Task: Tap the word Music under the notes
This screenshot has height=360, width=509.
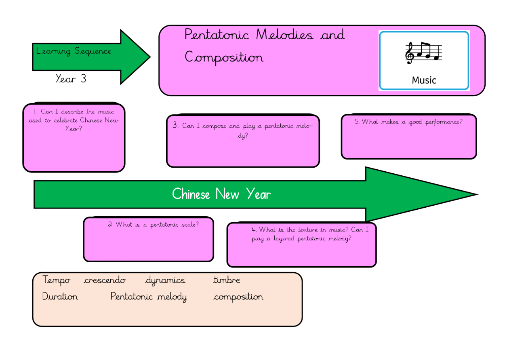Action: pyautogui.click(x=424, y=80)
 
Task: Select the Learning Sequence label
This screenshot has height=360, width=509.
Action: pyautogui.click(x=74, y=51)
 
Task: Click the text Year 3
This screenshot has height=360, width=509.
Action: pyautogui.click(x=71, y=79)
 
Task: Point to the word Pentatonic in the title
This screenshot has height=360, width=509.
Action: pyautogui.click(x=217, y=35)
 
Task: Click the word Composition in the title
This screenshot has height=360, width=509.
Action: pyautogui.click(x=224, y=58)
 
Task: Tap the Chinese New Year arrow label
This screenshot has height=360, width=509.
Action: pyautogui.click(x=221, y=194)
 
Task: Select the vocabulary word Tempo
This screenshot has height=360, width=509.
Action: pyautogui.click(x=57, y=280)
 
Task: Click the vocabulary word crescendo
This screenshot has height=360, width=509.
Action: pyautogui.click(x=105, y=280)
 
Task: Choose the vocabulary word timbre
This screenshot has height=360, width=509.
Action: pyautogui.click(x=227, y=280)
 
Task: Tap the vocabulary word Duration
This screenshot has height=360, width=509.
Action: pyautogui.click(x=60, y=297)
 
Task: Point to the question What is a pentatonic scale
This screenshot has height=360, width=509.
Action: pyautogui.click(x=154, y=225)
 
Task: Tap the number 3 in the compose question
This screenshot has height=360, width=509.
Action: pyautogui.click(x=175, y=125)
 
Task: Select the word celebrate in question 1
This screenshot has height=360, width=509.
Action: pyautogui.click(x=65, y=120)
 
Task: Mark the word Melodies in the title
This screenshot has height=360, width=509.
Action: pyautogui.click(x=284, y=35)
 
